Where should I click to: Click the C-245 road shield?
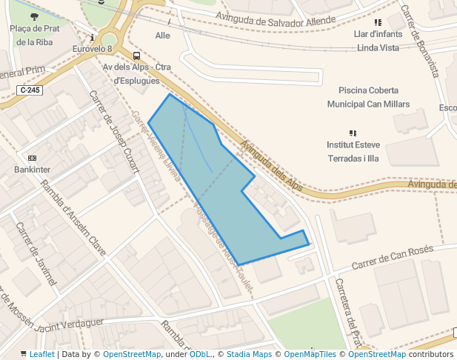point(30,90)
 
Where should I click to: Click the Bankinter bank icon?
point(32,158)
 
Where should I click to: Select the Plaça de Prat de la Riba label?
point(34,35)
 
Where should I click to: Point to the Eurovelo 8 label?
point(92,49)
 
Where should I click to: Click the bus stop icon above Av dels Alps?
point(136,56)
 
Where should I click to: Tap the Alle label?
point(163,36)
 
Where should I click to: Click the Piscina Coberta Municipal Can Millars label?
point(368,96)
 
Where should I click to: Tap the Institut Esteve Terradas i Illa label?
point(353,151)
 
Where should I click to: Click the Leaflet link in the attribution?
point(41,355)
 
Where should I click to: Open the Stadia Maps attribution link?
point(252,355)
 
